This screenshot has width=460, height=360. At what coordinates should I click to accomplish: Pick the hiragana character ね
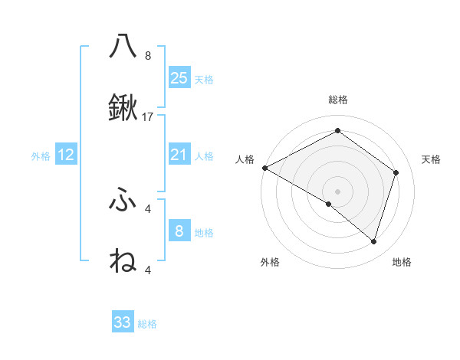[x=123, y=261]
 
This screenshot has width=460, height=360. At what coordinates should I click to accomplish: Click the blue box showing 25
[x=179, y=77]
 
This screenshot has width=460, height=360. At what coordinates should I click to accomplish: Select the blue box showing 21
[x=179, y=155]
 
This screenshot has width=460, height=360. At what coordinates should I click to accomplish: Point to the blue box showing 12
[x=66, y=155]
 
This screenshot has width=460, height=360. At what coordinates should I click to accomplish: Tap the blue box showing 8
[x=179, y=231]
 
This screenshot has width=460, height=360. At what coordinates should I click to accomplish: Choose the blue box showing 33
[x=123, y=322]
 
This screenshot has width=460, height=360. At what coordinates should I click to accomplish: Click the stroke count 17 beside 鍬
[x=149, y=117]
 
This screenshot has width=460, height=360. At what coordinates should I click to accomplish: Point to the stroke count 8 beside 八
[x=148, y=55]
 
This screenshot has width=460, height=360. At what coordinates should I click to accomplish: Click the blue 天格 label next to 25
[x=204, y=79]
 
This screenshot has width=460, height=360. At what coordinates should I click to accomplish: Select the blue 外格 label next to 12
[x=41, y=156]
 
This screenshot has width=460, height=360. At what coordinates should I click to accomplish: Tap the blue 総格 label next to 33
[x=148, y=324]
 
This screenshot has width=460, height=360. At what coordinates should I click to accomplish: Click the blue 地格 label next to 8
[x=204, y=232]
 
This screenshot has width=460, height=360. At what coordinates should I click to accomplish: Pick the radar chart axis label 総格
[x=337, y=100]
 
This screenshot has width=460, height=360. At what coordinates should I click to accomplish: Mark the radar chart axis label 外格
[x=270, y=262]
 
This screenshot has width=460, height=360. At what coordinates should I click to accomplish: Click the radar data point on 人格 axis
[x=264, y=168]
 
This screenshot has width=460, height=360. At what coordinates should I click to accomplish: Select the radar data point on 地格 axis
[x=373, y=241]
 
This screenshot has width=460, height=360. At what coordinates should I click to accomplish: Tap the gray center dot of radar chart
[x=337, y=191]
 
